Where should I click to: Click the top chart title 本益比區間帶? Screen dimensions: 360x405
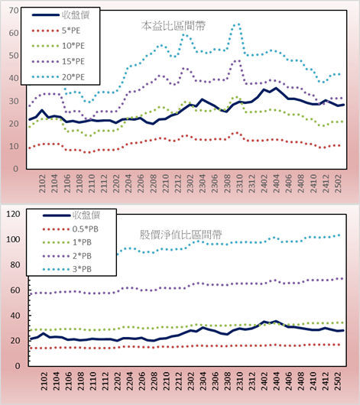click(174, 26)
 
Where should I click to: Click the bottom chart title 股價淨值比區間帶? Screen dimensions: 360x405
click(181, 235)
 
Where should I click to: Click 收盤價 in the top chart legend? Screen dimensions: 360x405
click(76, 15)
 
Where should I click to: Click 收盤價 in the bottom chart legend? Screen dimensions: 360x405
click(86, 215)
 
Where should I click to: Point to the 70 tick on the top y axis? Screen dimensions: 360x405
click(14, 11)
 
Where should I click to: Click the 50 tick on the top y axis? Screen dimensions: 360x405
click(14, 56)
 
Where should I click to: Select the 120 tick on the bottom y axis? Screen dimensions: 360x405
click(13, 214)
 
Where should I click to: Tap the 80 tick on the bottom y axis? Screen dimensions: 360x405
click(15, 264)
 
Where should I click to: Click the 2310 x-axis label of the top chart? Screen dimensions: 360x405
click(239, 183)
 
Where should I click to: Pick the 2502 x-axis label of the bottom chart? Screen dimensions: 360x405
click(338, 381)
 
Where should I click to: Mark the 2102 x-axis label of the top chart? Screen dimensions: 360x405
click(42, 183)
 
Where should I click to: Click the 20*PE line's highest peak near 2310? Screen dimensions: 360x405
click(238, 24)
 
